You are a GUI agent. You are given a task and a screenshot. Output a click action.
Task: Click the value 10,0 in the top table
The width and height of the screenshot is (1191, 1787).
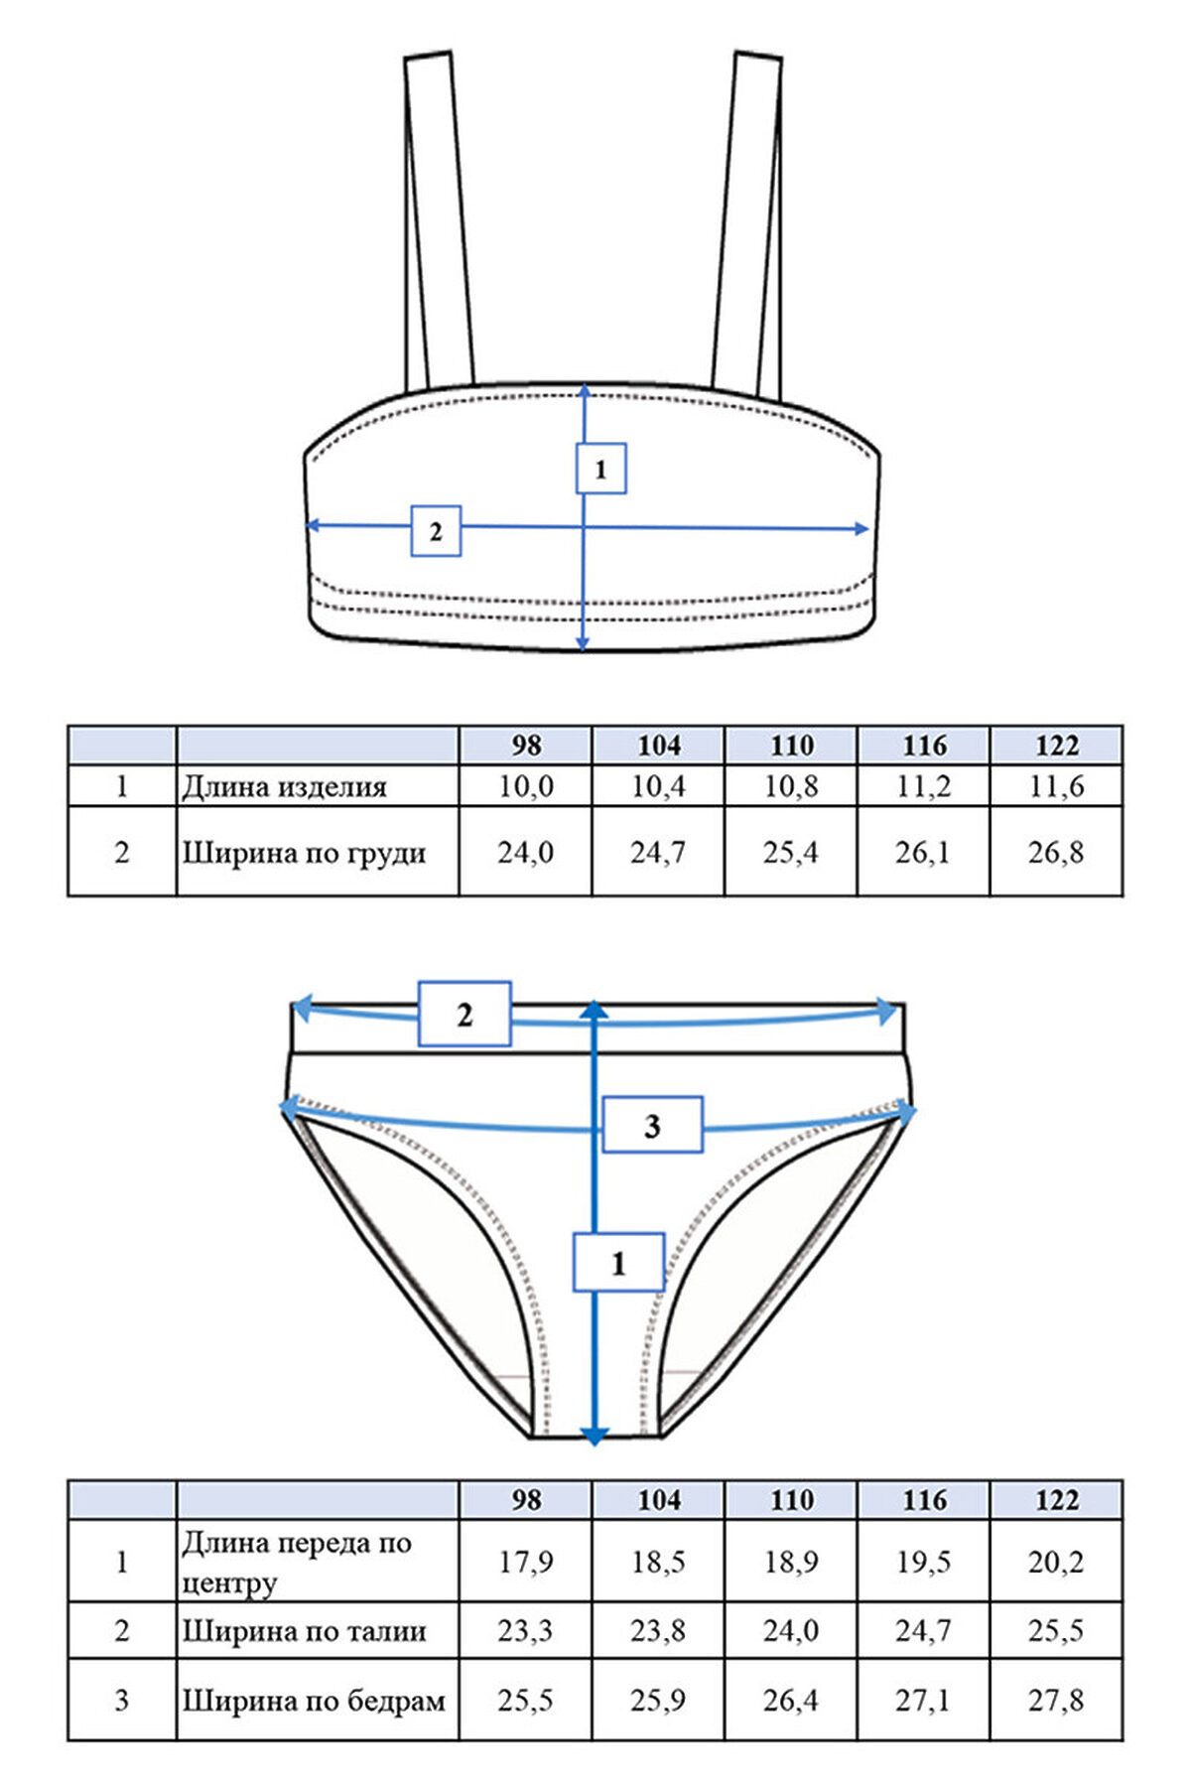coord(526,787)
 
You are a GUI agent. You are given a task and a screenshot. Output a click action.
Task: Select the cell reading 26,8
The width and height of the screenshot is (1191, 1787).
coord(1056,853)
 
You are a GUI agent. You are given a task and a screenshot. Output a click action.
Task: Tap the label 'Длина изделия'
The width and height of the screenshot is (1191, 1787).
coord(284,788)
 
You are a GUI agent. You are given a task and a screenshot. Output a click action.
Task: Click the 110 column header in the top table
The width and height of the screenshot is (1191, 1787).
coord(791,746)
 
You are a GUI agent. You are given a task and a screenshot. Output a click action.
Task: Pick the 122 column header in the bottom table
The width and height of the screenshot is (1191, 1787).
coord(1056,1500)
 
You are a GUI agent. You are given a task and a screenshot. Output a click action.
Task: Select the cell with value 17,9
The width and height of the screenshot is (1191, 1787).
coord(526,1563)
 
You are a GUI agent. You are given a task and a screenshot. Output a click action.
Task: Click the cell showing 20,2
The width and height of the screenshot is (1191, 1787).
coord(1056,1563)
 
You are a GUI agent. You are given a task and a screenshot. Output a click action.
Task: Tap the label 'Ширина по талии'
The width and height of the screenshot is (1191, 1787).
coord(304,1631)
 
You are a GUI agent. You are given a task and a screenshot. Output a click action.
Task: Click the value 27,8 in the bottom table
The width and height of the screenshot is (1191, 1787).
coord(1056,1701)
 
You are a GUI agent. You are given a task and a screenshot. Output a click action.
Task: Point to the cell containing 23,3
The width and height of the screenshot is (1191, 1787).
coord(526,1631)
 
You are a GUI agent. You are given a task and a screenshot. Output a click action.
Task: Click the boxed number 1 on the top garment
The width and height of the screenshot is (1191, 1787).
coord(600,469)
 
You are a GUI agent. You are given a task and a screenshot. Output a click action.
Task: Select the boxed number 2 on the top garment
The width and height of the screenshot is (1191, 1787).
coord(436,531)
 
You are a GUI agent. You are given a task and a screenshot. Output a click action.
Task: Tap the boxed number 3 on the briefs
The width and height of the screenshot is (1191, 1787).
coord(653,1126)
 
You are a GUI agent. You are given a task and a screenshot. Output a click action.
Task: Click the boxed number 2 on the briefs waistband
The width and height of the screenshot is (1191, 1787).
coord(464,1015)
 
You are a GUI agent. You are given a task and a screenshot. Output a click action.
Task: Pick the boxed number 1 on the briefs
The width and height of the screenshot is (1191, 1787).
coord(618,1263)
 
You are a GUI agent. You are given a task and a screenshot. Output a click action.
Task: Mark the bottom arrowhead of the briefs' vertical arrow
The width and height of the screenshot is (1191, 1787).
coord(594,1436)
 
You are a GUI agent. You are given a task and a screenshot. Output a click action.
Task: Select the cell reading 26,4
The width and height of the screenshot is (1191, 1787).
coord(791,1701)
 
